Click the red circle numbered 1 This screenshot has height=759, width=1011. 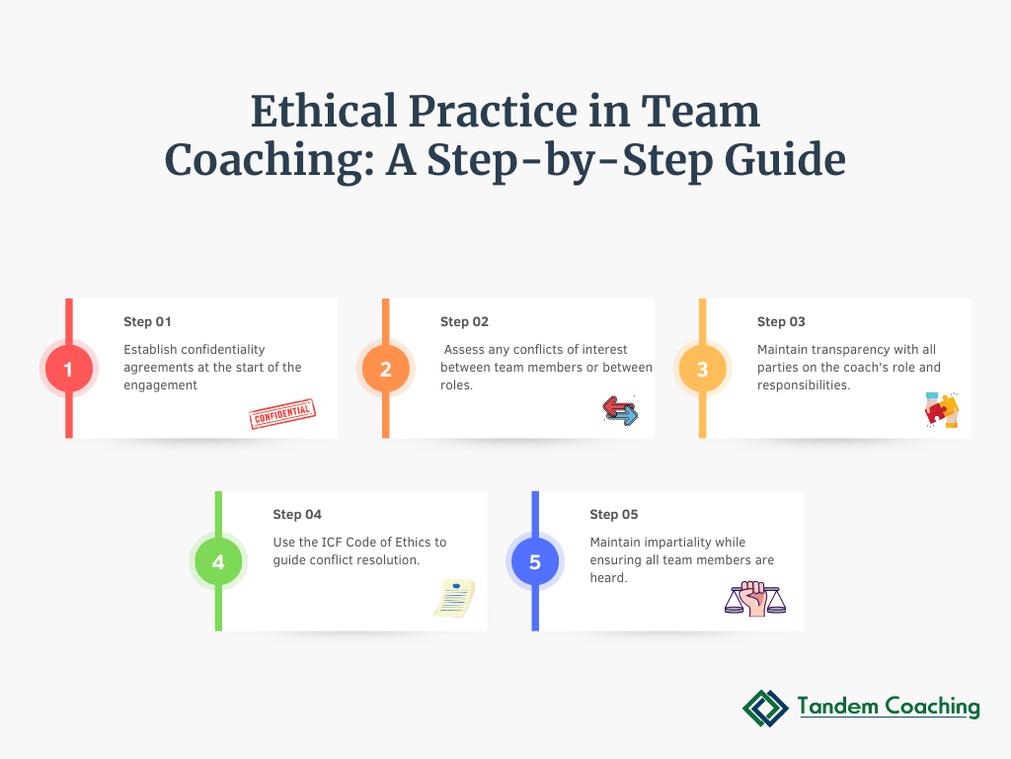tap(68, 370)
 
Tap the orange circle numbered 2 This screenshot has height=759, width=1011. tap(385, 370)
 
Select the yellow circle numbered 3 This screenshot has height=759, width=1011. tap(702, 370)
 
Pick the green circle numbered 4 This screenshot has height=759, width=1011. tap(217, 562)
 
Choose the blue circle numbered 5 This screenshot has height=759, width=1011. tap(534, 562)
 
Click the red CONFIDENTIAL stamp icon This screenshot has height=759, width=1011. tap(282, 414)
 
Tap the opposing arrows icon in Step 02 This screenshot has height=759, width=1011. tap(620, 411)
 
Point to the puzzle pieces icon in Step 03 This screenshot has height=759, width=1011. tap(941, 409)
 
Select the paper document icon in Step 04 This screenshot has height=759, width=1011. tap(454, 598)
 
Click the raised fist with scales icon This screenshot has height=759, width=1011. tap(755, 599)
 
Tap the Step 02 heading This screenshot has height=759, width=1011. tap(464, 322)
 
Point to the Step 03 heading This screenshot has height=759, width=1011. tap(781, 322)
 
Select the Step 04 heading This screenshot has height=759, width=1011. tap(297, 515)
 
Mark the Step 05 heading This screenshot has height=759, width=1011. tap(614, 515)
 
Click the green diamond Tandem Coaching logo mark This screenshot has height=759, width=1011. tap(765, 708)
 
